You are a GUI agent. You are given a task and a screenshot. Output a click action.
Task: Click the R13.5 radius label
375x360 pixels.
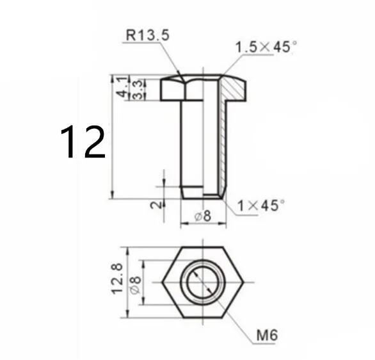148,35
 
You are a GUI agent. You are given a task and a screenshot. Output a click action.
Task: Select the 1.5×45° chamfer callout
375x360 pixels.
266,47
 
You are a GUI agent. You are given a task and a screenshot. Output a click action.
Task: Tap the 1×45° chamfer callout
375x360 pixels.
261,206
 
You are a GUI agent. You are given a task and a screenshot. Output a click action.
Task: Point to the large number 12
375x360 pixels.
83,142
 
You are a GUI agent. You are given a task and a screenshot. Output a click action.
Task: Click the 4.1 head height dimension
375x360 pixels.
122,86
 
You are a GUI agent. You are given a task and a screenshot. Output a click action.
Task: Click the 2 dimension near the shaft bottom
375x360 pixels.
156,205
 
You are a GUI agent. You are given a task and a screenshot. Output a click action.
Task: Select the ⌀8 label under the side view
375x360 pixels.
203,216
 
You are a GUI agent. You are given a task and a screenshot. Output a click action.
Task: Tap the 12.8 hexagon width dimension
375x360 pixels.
117,279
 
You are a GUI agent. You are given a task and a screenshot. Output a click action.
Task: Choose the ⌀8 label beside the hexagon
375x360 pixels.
135,285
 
